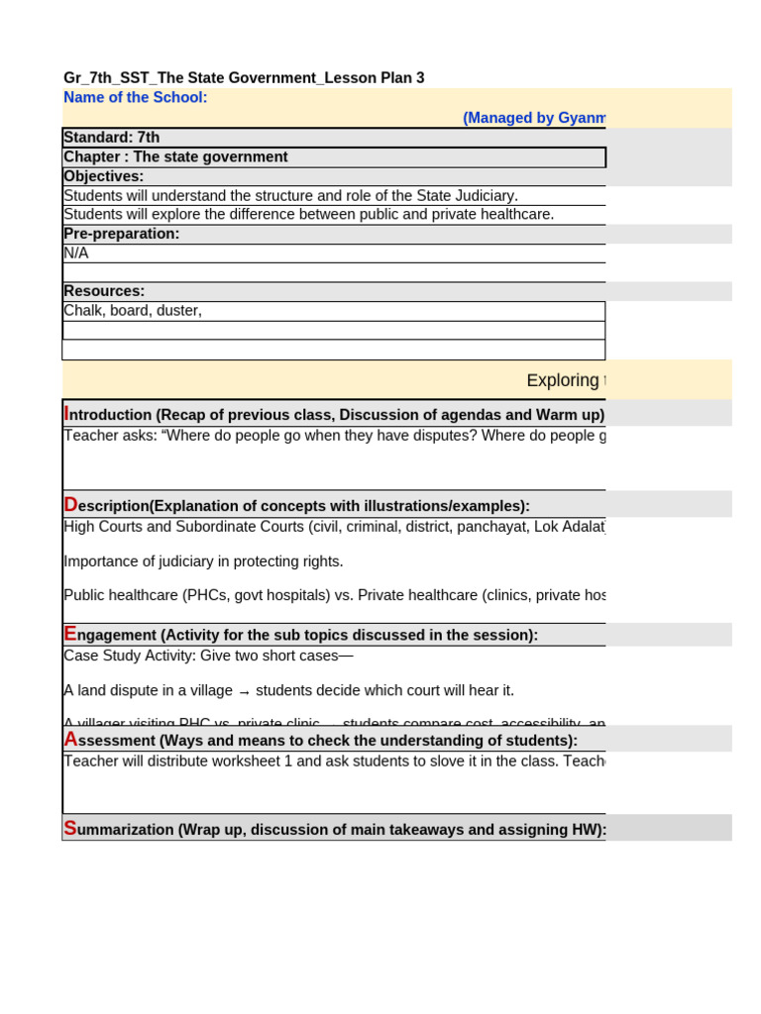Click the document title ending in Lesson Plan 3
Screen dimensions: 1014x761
click(x=244, y=78)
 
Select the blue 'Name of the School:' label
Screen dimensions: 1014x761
click(x=136, y=97)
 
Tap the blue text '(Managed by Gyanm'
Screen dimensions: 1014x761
click(x=534, y=118)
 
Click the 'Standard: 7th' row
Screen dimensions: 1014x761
click(x=111, y=138)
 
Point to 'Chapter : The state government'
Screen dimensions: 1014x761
click(x=175, y=156)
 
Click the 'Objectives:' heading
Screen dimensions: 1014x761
click(x=104, y=176)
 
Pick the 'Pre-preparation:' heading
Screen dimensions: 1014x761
click(x=122, y=234)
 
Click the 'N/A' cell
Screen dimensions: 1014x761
click(x=76, y=253)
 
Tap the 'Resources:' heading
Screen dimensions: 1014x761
click(x=104, y=291)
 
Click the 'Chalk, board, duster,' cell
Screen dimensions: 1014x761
click(x=133, y=311)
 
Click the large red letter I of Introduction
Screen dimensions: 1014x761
click(x=66, y=414)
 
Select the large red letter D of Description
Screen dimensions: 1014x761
click(x=70, y=505)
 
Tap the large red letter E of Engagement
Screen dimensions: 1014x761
click(x=70, y=634)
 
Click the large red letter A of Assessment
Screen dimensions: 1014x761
click(x=70, y=740)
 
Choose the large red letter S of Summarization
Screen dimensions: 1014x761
click(x=69, y=829)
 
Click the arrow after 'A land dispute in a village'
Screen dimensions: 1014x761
click(x=244, y=691)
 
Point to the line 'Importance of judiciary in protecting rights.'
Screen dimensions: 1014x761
click(x=203, y=561)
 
